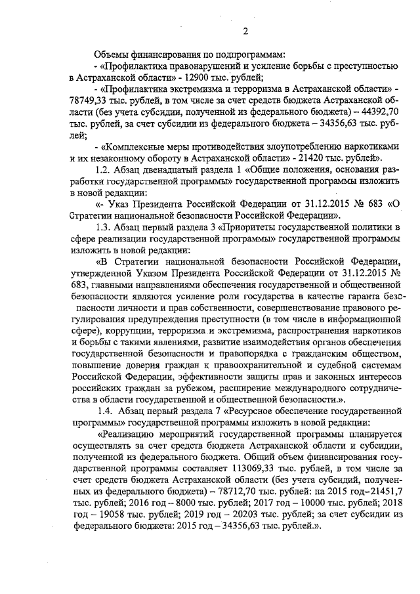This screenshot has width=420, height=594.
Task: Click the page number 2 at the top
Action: (244, 31)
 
